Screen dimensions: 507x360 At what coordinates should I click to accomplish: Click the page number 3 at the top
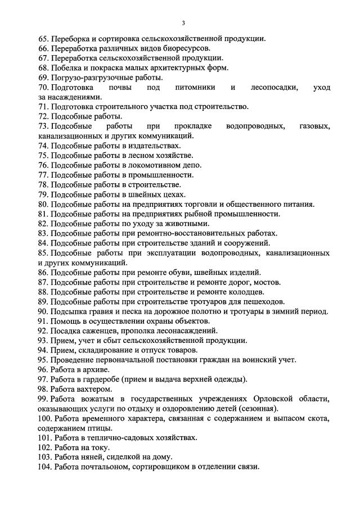[183, 23]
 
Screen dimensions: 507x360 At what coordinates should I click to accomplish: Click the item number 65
[43, 39]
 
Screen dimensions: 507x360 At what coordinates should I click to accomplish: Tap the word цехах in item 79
[166, 194]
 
